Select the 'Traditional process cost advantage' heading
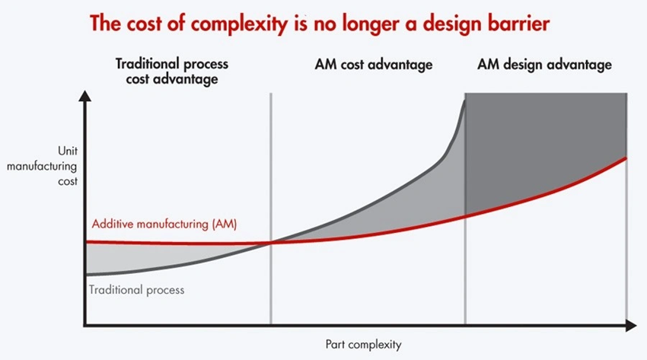tap(171, 72)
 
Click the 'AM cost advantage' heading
tap(373, 65)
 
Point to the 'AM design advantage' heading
tap(544, 65)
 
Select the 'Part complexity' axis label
tap(357, 343)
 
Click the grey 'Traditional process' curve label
tap(137, 290)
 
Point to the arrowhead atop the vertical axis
tap(86, 98)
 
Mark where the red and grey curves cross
tap(271, 243)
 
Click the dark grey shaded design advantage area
tap(544, 145)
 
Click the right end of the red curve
tap(625, 158)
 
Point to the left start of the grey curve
tap(88, 274)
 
